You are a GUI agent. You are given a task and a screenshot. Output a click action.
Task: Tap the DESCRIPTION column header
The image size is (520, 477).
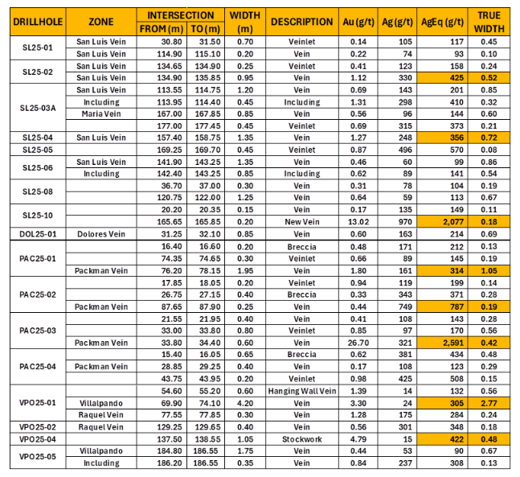(301, 23)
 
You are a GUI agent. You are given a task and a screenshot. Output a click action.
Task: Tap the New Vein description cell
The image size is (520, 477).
(301, 221)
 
